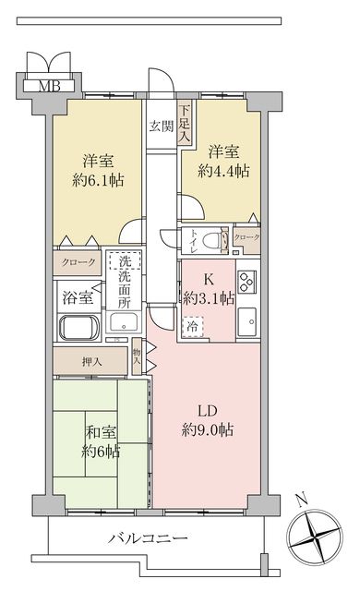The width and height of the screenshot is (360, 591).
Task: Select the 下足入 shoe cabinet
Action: pos(185,124)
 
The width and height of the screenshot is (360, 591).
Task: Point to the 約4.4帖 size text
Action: pos(223,170)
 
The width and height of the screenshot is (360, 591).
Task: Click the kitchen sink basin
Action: pos(246,322)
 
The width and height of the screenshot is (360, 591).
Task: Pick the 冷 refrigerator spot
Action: pos(192,325)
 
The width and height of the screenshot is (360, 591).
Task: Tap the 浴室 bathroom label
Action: pos(78,297)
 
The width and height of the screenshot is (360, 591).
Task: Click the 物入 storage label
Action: pos(137,356)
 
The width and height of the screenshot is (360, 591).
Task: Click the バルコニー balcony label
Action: pos(149,538)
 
